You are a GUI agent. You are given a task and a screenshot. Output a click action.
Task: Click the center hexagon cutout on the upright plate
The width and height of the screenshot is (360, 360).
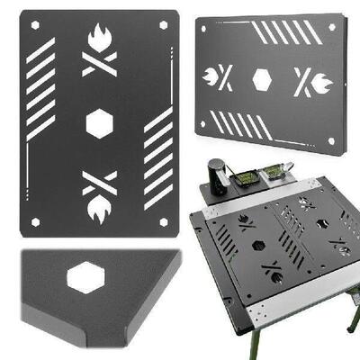coord(100,123)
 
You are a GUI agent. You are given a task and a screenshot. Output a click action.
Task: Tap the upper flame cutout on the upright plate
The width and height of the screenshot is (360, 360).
coord(100,39)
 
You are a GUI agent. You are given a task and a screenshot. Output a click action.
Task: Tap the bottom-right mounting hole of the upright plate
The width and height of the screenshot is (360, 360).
coord(163,221)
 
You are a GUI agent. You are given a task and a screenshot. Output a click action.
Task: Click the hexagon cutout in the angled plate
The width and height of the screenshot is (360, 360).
coord(262,80)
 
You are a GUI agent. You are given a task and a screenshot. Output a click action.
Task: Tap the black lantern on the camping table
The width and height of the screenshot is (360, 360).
coord(217,173)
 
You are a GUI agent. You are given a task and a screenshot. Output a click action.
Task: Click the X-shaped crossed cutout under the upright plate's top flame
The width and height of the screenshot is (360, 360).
coord(100,64)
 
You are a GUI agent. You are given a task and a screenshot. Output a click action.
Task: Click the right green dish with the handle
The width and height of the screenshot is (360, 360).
coord(274,170)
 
